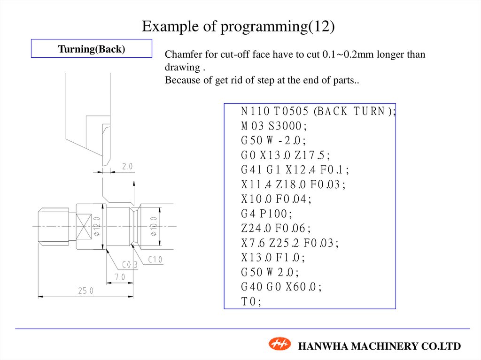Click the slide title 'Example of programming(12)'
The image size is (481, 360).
tap(239, 26)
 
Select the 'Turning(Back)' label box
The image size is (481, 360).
tap(92, 48)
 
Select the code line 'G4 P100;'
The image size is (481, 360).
tap(266, 214)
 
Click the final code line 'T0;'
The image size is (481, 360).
tap(251, 302)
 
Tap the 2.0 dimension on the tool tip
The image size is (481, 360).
tap(127, 167)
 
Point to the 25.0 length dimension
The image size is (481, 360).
tap(85, 291)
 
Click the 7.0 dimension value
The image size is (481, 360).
tap(120, 277)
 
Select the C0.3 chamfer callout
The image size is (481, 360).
tap(130, 265)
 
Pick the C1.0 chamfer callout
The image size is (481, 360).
tap(155, 260)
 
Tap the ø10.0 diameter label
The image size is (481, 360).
tap(153, 226)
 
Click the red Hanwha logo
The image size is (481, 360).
tap(279, 344)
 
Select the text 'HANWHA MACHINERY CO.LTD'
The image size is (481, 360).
tap(380, 346)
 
